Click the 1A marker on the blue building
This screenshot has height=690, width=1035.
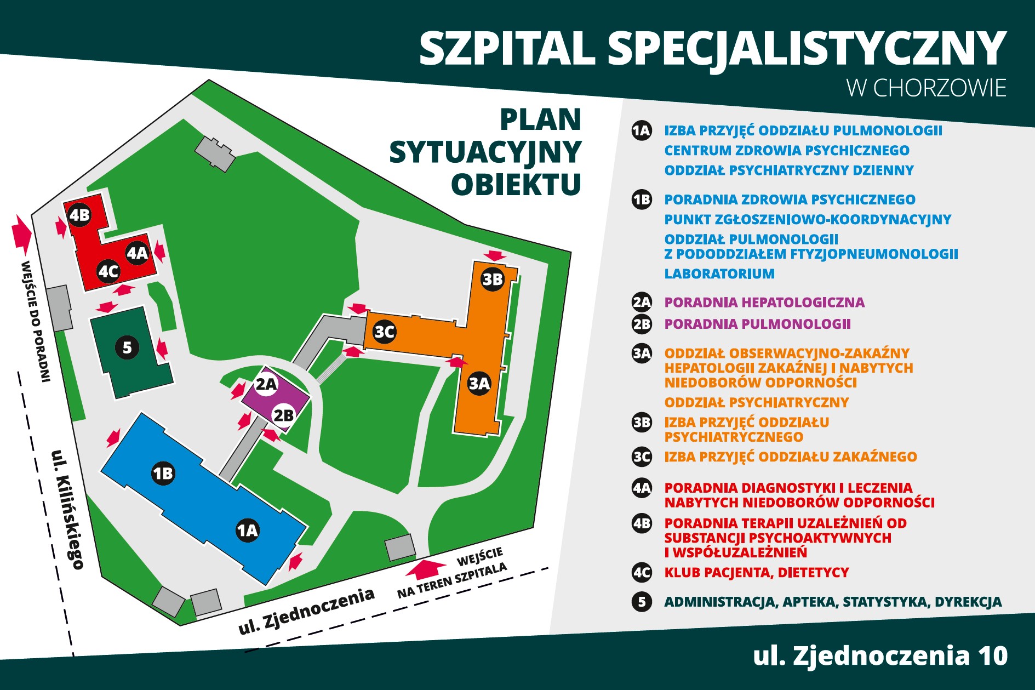click(x=247, y=530)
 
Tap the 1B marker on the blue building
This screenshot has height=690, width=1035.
click(x=163, y=473)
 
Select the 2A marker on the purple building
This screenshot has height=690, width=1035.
click(x=266, y=384)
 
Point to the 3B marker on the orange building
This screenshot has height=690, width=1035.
click(x=492, y=280)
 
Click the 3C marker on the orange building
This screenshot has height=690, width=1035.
click(x=384, y=332)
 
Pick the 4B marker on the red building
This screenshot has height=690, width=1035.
click(x=79, y=215)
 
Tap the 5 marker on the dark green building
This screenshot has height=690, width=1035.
click(x=127, y=347)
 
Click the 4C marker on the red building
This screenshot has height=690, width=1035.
click(x=108, y=271)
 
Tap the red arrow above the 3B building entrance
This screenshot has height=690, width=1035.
click(x=496, y=255)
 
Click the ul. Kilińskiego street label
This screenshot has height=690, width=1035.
click(x=67, y=509)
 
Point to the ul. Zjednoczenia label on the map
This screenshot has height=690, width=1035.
click(x=306, y=611)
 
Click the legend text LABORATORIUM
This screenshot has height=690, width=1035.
click(x=719, y=273)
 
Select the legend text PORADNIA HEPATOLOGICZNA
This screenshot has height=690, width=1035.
click(x=764, y=303)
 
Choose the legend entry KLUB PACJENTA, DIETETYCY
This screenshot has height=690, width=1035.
click(x=756, y=573)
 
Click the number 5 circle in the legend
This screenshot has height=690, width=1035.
click(x=642, y=602)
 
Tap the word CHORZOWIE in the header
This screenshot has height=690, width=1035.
click(x=940, y=88)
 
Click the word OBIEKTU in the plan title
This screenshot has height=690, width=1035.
click(x=516, y=184)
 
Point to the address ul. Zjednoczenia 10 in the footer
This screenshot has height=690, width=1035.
click(x=880, y=656)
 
